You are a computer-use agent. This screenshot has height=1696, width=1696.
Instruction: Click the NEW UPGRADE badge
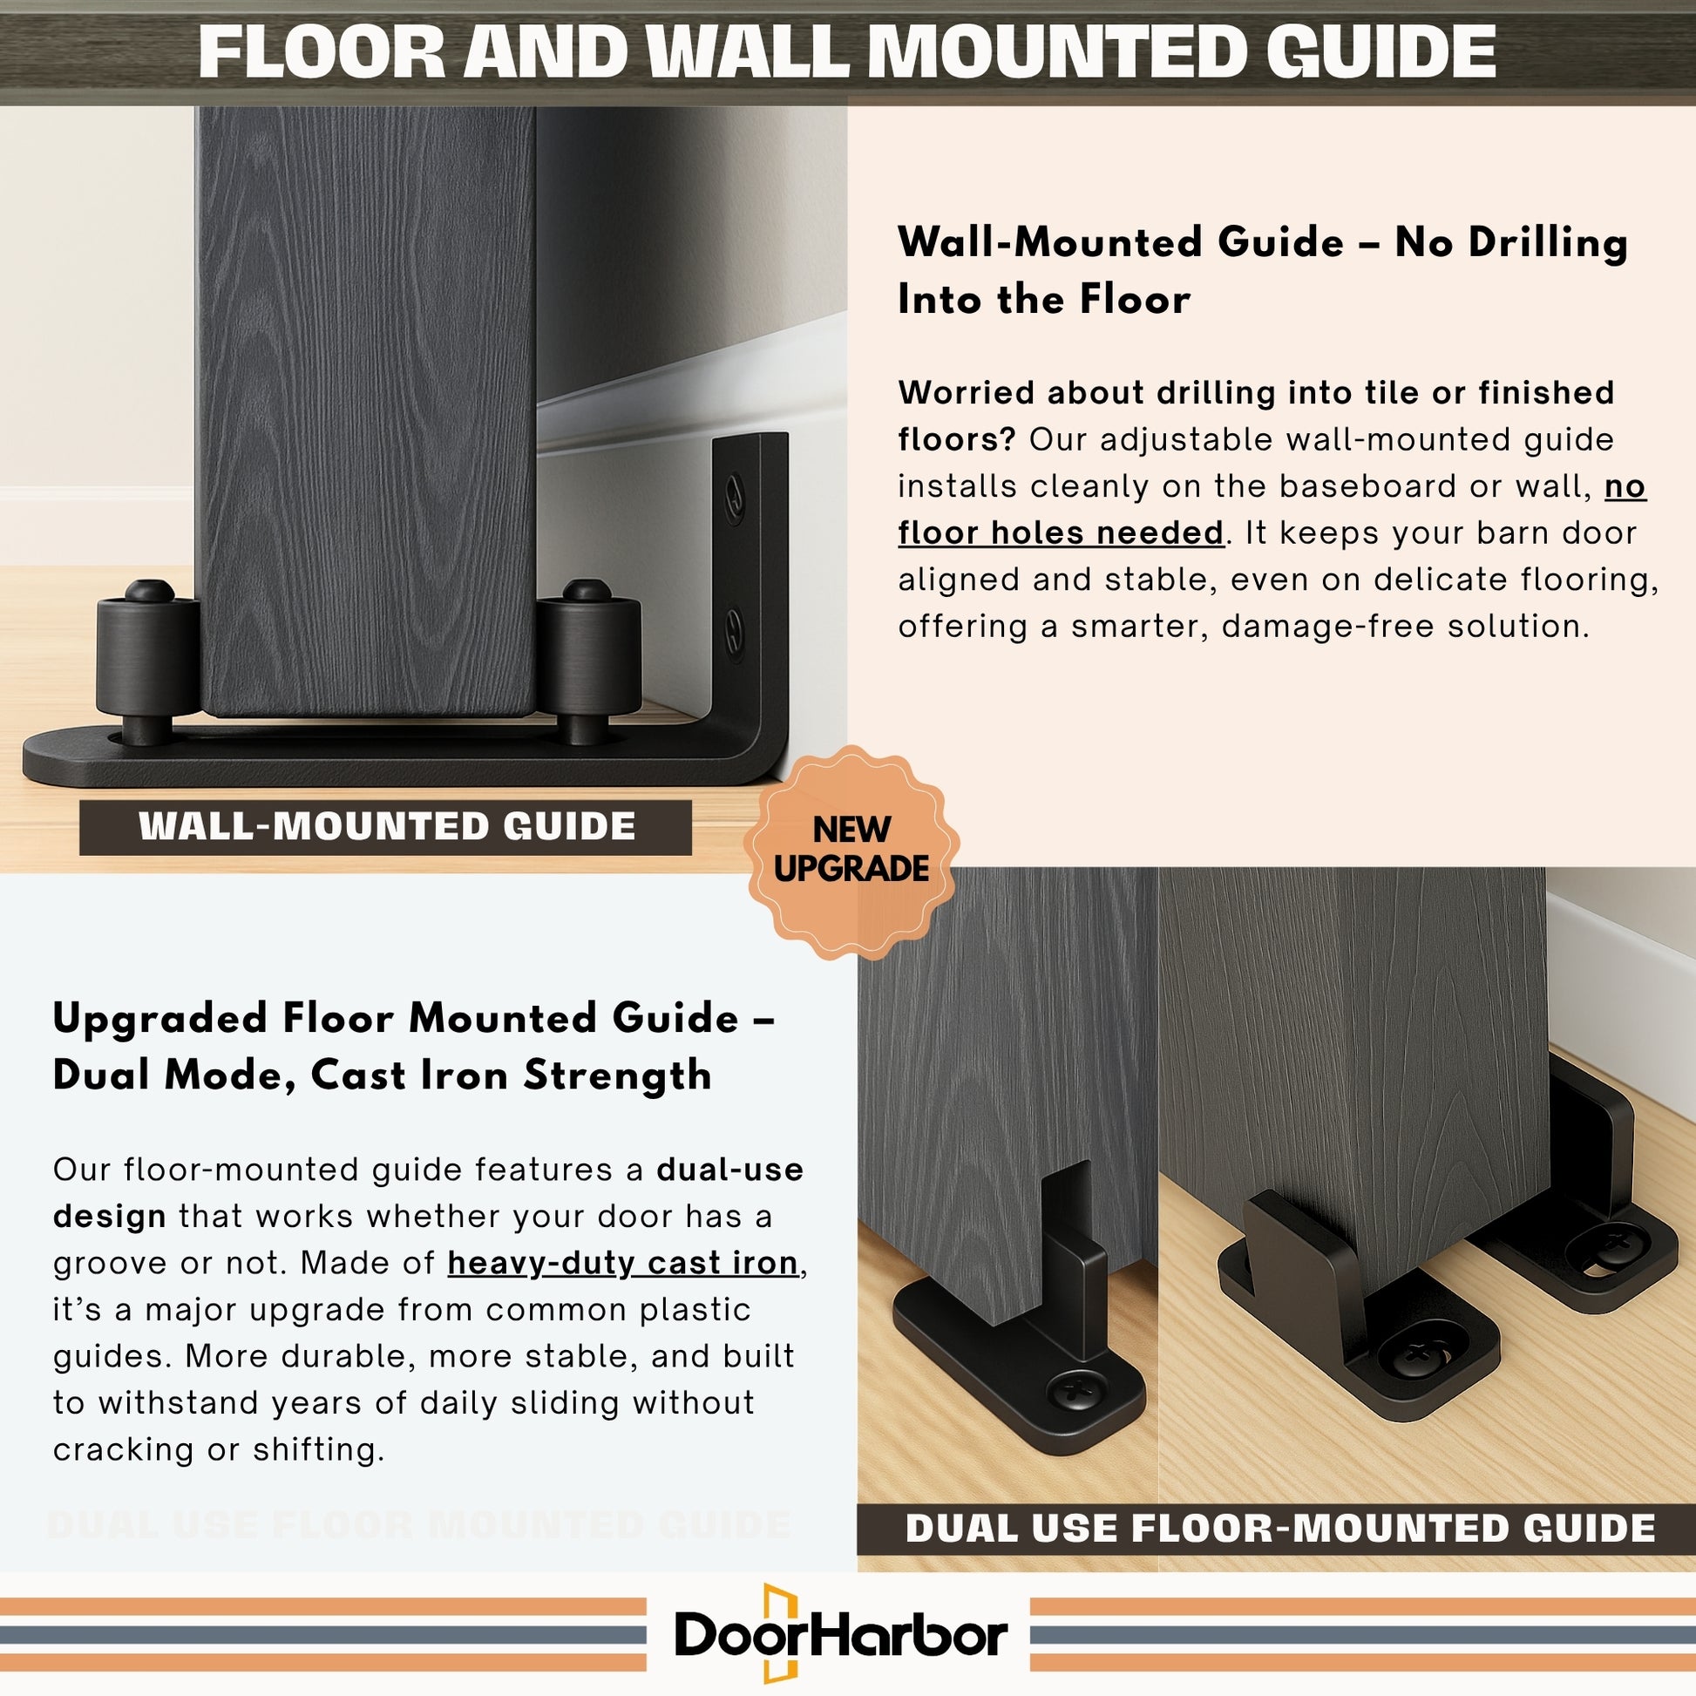[851, 851]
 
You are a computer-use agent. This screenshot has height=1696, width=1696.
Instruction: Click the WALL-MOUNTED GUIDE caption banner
[385, 827]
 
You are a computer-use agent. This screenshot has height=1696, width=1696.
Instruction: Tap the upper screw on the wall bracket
[734, 496]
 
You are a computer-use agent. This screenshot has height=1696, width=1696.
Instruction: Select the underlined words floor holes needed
[1061, 533]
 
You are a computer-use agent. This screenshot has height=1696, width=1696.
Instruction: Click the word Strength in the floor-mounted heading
[617, 1075]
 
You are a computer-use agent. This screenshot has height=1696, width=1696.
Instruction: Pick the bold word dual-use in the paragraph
[729, 1170]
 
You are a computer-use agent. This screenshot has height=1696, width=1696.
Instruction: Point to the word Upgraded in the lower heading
[160, 1020]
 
